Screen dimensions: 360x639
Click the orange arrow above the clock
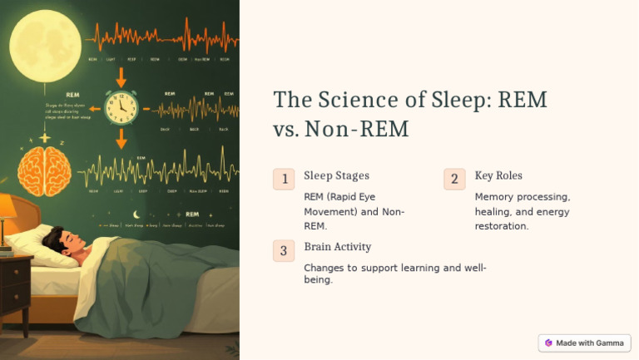(121, 77)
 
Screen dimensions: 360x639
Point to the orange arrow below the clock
(121, 137)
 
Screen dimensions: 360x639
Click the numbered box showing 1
(284, 179)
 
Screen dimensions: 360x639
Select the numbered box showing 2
(454, 179)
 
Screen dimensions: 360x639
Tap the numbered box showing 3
(284, 250)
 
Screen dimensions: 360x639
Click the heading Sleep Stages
(336, 175)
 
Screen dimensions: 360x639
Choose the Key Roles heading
(498, 175)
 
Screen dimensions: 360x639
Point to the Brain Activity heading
(337, 247)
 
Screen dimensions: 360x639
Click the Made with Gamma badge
(584, 343)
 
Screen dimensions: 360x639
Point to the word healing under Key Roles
(493, 211)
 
